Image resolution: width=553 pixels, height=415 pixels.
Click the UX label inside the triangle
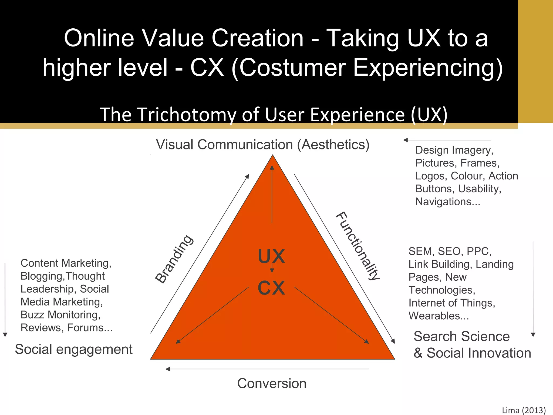271,256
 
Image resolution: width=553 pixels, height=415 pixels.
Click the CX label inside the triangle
271,288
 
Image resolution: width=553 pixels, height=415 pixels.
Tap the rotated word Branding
174,259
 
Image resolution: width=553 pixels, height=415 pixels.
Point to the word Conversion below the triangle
272,383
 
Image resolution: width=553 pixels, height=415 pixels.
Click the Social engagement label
73,349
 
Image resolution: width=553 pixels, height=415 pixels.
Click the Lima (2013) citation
524,410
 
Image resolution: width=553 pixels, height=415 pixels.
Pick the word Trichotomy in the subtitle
187,115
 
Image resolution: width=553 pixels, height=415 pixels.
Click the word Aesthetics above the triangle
333,145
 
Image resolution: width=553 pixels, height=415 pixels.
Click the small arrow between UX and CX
272,268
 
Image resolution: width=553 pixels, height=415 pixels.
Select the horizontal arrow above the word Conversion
267,369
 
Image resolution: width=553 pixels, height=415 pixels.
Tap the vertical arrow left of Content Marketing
5,300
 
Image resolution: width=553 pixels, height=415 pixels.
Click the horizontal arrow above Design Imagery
447,140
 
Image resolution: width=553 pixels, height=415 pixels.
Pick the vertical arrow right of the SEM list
533,289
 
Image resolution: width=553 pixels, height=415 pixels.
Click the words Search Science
461,336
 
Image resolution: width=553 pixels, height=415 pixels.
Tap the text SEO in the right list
449,251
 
